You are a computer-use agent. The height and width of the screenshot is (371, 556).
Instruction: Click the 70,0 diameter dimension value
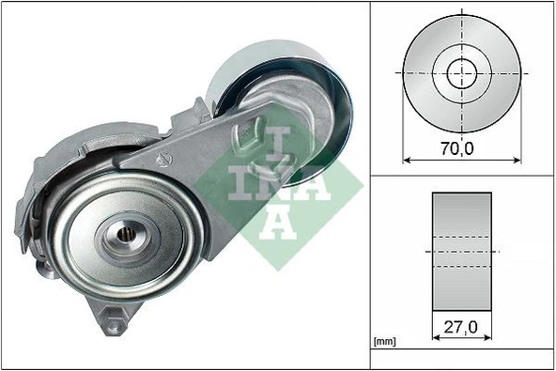click(x=461, y=147)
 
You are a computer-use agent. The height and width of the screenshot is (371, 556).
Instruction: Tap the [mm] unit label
click(x=385, y=343)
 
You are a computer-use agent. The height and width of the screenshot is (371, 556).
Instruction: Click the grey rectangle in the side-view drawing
click(x=461, y=252)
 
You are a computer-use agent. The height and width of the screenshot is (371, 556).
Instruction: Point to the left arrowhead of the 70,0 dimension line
click(x=406, y=159)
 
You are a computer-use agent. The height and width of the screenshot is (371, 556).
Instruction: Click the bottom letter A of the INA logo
click(x=279, y=223)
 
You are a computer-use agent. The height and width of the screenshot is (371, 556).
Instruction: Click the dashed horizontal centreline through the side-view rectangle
click(x=461, y=252)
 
